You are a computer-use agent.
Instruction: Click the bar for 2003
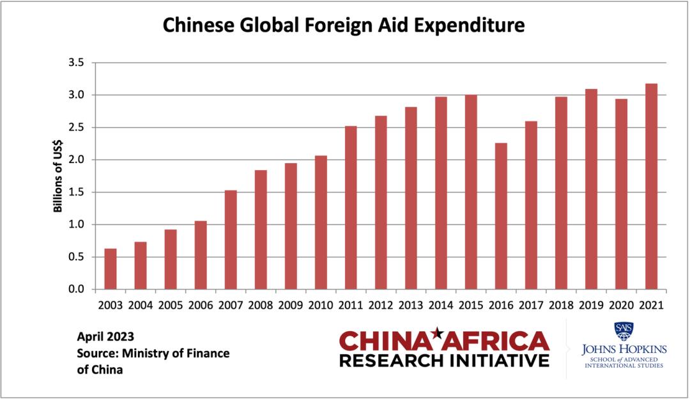[x=111, y=269]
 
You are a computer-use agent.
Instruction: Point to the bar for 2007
[x=231, y=240]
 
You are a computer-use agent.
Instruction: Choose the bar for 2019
[x=591, y=189]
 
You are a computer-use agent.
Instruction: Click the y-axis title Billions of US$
[x=57, y=176]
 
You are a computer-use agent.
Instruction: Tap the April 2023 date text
[x=105, y=336]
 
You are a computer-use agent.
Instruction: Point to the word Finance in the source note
[x=206, y=353]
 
